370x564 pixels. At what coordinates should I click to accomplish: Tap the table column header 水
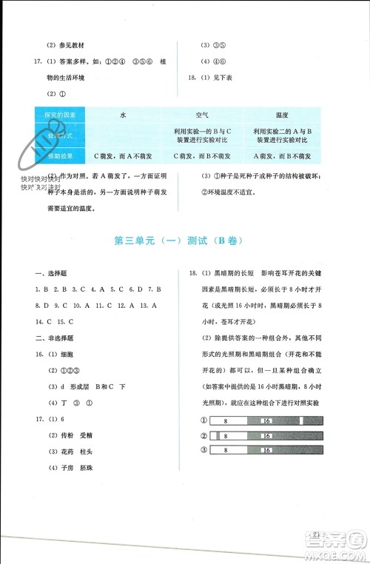(123, 115)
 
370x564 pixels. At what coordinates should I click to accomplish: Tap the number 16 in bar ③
(265, 450)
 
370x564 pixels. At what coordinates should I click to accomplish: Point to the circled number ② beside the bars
(203, 435)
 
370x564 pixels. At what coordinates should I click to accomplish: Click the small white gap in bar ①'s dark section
(302, 420)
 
